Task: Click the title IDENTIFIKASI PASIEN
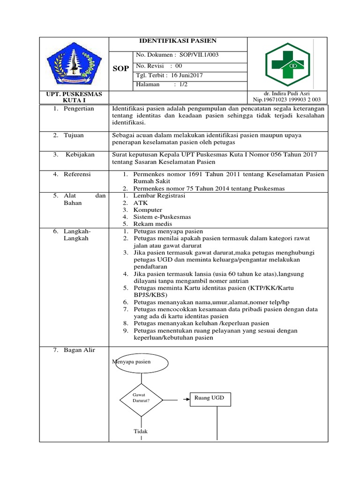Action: [x=178, y=41]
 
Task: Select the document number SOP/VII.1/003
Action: [x=196, y=55]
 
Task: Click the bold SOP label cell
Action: [x=120, y=69]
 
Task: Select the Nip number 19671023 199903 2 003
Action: [x=287, y=100]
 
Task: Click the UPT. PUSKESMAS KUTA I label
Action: [x=74, y=97]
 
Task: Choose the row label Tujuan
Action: [x=74, y=135]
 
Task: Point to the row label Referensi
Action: [x=77, y=174]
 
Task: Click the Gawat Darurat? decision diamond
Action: [x=141, y=400]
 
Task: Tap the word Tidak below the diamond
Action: [x=141, y=431]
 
